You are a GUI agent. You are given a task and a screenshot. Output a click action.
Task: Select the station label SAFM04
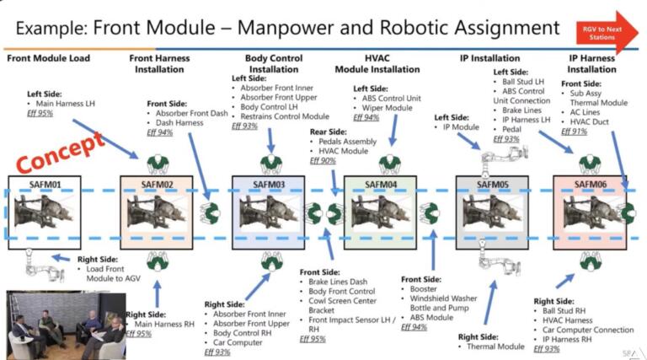point(380,184)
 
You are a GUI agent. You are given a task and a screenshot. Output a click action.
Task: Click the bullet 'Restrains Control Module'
point(285,116)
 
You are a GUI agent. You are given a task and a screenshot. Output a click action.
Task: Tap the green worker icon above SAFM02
point(158,164)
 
